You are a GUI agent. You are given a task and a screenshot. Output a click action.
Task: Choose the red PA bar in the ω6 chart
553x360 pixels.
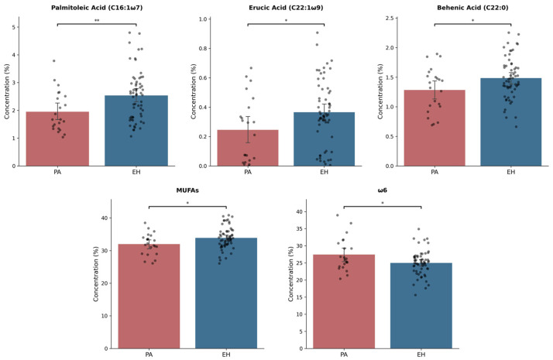(343, 302)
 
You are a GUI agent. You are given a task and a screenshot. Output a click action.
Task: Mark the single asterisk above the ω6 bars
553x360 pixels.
(382, 203)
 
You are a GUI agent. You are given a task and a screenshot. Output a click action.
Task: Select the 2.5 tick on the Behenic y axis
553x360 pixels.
(391, 19)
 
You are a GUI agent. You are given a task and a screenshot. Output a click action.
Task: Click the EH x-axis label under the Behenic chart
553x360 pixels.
(510, 172)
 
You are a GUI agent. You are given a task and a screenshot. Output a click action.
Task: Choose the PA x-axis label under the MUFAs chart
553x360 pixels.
(149, 354)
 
